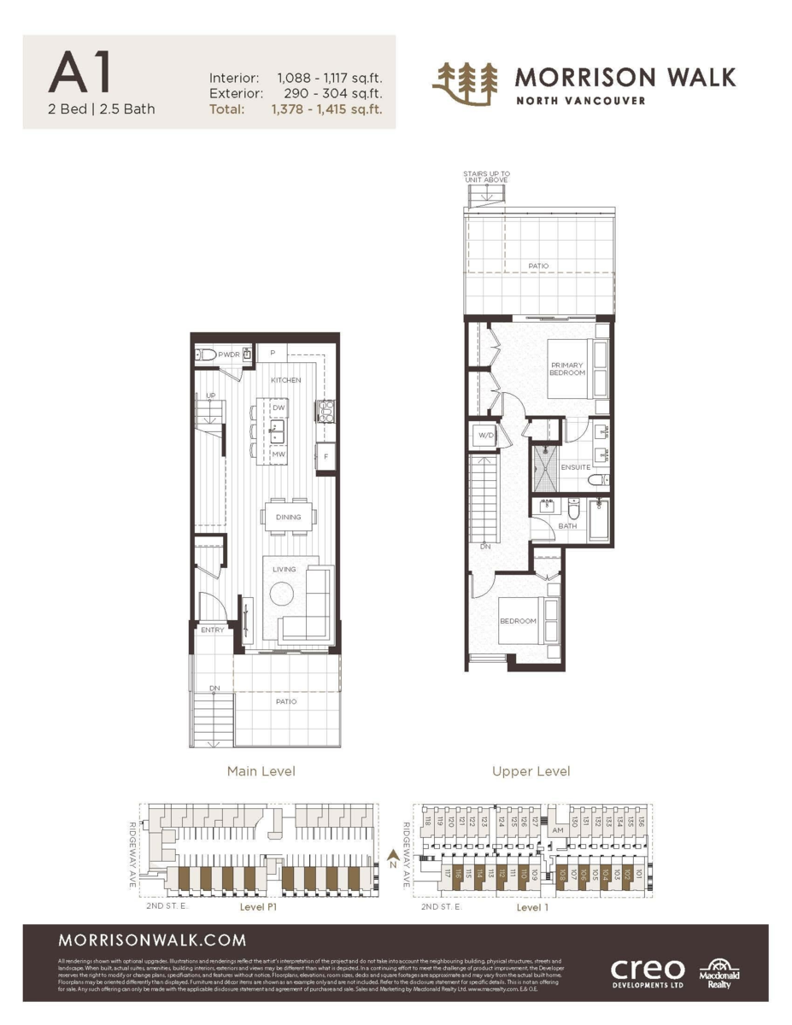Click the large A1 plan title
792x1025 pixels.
click(x=81, y=74)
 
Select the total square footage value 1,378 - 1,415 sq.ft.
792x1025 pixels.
click(x=326, y=109)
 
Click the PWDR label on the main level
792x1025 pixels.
click(x=228, y=354)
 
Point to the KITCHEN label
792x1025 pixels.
click(x=286, y=379)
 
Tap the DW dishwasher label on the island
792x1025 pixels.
click(x=279, y=408)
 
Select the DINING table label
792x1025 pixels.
click(x=289, y=517)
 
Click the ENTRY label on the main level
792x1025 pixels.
click(x=213, y=630)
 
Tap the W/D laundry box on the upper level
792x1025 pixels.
click(x=486, y=436)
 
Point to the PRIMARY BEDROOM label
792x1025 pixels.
click(x=567, y=369)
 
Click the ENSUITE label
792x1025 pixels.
click(x=575, y=467)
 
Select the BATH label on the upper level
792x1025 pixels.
click(x=567, y=526)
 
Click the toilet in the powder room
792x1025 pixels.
click(x=205, y=355)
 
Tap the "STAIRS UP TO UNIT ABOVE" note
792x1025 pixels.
click(x=485, y=177)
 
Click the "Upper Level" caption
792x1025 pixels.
click(x=531, y=771)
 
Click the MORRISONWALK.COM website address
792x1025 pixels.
click(x=152, y=940)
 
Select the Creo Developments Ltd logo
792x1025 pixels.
click(x=647, y=972)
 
